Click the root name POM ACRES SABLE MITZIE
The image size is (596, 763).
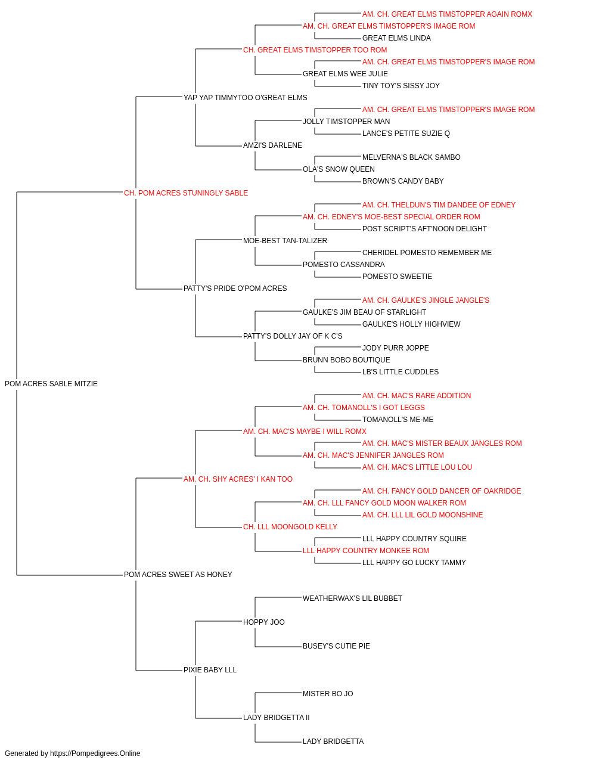(51, 383)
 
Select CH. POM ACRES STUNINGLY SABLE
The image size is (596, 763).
(186, 193)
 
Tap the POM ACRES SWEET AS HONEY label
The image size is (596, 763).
(178, 574)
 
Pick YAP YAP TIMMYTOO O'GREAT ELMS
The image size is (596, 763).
(246, 97)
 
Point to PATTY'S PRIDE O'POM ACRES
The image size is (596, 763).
(235, 288)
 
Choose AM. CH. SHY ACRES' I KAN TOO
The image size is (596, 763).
(238, 479)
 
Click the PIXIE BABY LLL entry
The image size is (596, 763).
(210, 669)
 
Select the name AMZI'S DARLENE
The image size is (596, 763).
(272, 145)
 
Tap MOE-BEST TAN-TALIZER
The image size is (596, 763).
(285, 240)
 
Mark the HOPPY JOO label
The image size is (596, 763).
(263, 622)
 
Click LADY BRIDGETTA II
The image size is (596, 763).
(276, 717)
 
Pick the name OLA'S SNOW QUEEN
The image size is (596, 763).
(339, 169)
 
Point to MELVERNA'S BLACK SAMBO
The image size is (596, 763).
(411, 157)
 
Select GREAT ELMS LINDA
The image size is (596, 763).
(396, 38)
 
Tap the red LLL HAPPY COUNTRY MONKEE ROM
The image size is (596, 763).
(366, 550)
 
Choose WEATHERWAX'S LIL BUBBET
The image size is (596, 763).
(352, 598)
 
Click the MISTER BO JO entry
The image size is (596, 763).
(328, 693)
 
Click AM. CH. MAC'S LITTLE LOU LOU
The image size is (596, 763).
(417, 467)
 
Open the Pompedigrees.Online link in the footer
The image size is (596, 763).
(95, 753)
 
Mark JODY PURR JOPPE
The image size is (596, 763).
(396, 348)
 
